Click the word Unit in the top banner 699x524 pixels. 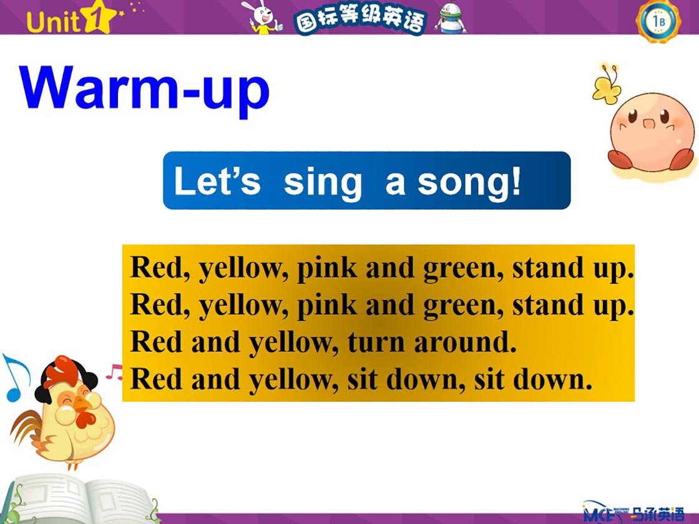point(52,22)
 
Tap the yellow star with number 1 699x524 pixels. point(99,18)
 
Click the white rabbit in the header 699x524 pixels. point(263,17)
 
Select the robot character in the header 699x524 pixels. point(451,19)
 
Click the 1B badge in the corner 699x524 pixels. point(658,21)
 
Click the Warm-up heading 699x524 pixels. point(144,89)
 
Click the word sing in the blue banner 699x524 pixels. point(322,183)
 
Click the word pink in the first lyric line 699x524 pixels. point(327,269)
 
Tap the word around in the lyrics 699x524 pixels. point(466,342)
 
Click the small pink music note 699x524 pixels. point(114,372)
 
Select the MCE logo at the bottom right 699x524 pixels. point(633,512)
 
